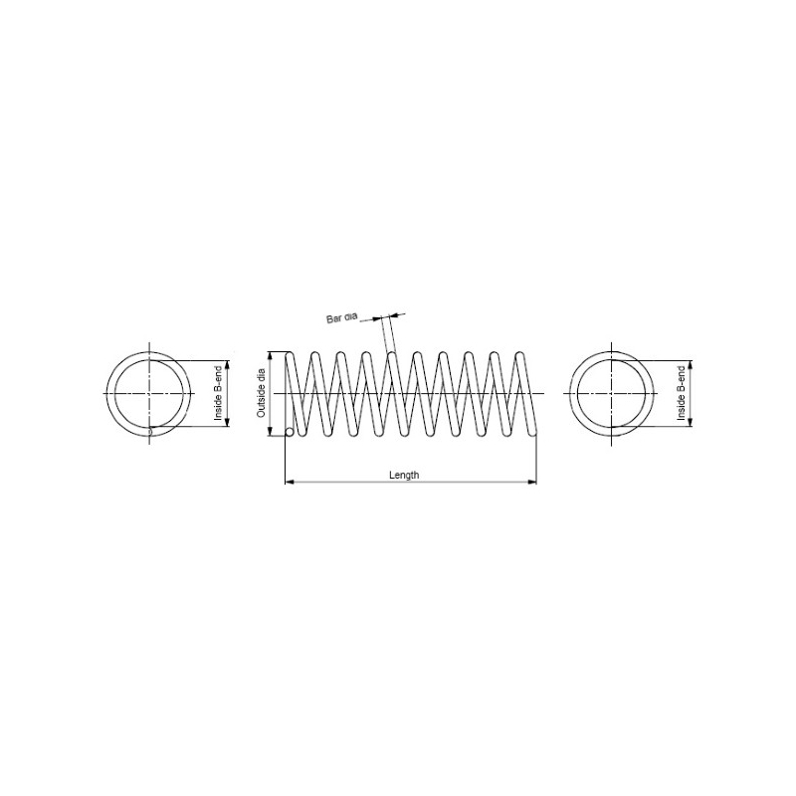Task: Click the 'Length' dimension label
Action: point(404,476)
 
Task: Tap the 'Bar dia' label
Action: point(341,318)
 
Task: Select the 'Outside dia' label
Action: point(262,393)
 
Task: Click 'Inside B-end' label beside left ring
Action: point(218,393)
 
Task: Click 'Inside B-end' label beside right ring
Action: point(682,393)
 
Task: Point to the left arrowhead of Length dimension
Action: point(290,482)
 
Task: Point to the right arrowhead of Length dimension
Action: point(532,482)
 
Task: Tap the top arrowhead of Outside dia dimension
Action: point(270,356)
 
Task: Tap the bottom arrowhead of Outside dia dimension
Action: point(270,432)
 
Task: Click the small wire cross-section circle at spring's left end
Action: point(290,432)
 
